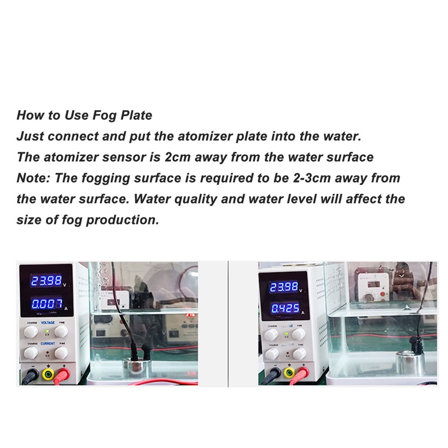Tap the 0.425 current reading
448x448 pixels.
tap(283, 308)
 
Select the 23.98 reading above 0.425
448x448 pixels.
tap(283, 287)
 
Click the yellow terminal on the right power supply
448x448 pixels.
tap(289, 374)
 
